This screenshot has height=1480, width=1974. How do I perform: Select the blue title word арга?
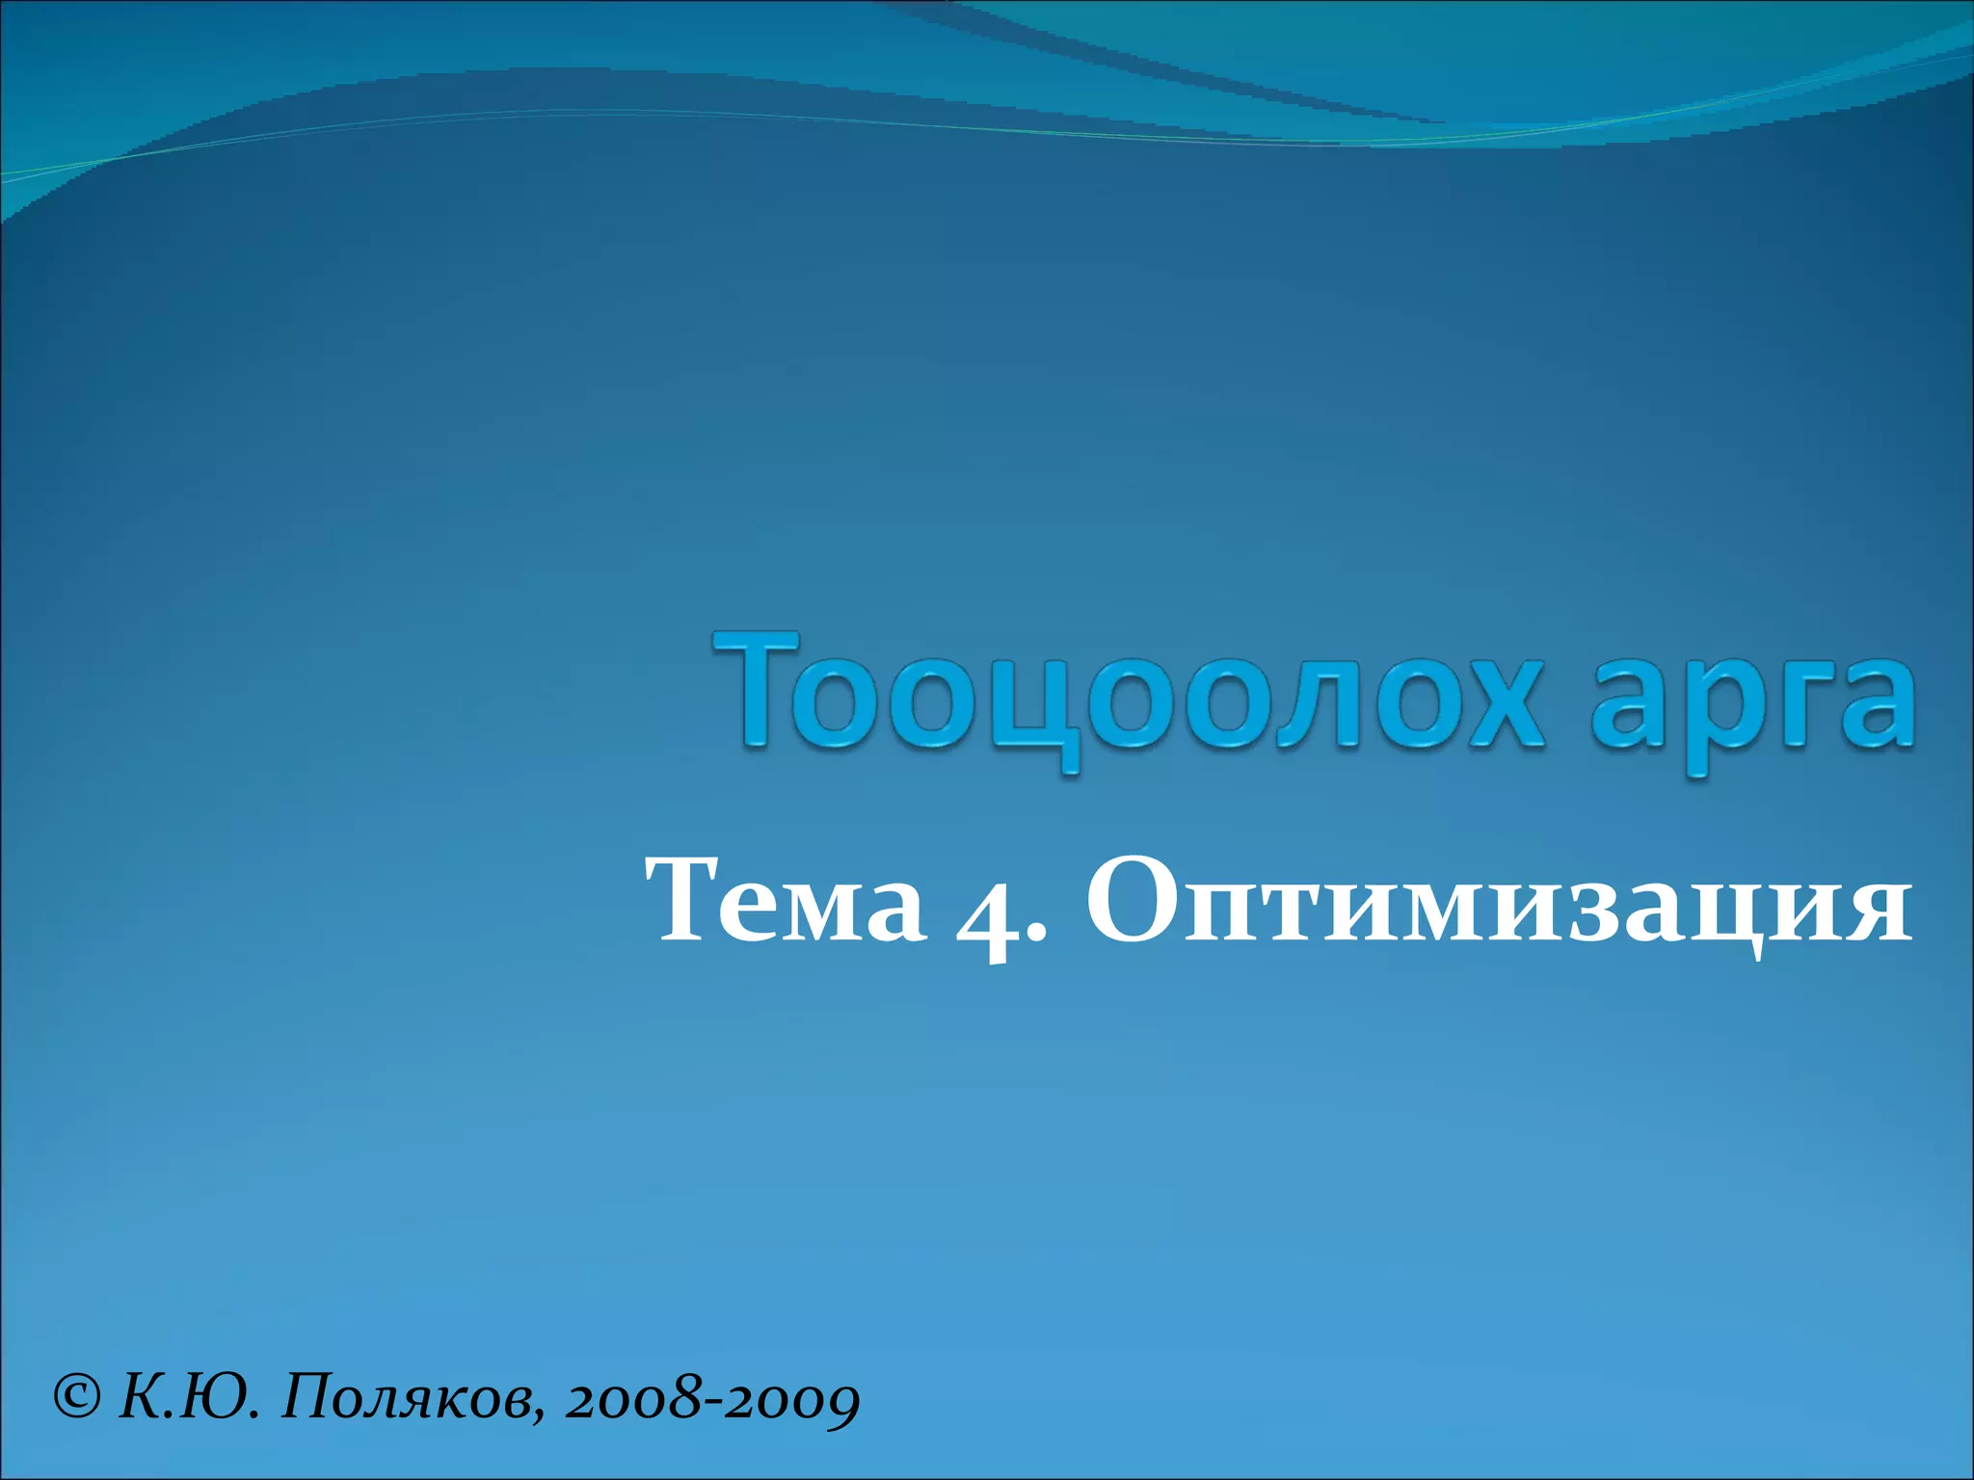[1749, 703]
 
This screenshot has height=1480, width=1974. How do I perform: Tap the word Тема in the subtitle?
[786, 901]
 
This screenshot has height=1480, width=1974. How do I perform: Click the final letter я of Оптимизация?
[1875, 911]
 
